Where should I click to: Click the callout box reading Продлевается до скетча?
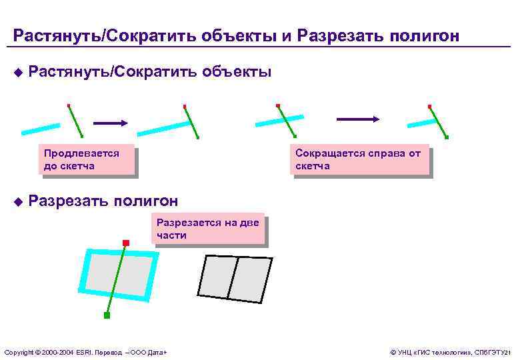[86, 160]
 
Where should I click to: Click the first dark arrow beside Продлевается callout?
[110, 123]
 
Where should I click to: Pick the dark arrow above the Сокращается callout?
[358, 119]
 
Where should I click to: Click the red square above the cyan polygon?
[125, 242]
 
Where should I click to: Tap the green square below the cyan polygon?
[107, 315]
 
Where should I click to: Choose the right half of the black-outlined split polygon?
[252, 277]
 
